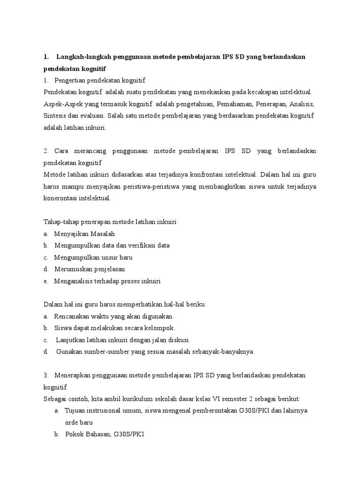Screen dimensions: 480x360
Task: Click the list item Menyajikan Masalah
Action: click(84, 233)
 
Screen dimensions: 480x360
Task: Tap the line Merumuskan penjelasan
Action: click(90, 269)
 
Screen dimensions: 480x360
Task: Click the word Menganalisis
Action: click(74, 281)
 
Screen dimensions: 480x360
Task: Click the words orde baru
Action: click(79, 422)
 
